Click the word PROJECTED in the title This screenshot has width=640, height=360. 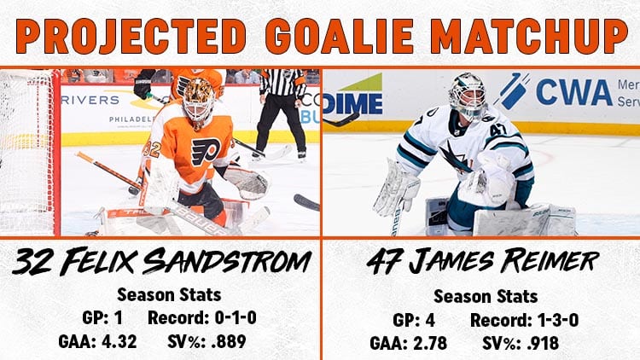pyautogui.click(x=131, y=36)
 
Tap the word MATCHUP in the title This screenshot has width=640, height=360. pyautogui.click(x=529, y=36)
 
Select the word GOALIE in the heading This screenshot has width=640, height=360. pyautogui.click(x=339, y=36)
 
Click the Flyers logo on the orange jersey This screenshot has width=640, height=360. pyautogui.click(x=207, y=152)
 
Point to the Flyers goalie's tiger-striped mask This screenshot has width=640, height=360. pyautogui.click(x=198, y=101)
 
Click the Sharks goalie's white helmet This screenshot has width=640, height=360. pyautogui.click(x=468, y=95)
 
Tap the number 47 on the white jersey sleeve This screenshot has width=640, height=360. pyautogui.click(x=498, y=130)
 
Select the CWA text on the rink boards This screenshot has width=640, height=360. pyautogui.click(x=574, y=92)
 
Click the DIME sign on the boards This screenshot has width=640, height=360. pyautogui.click(x=353, y=103)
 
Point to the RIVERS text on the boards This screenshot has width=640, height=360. pyautogui.click(x=90, y=100)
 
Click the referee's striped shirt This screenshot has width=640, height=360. pyautogui.click(x=282, y=82)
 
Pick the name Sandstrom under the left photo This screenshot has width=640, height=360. pyautogui.click(x=227, y=261)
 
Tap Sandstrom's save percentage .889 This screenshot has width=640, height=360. pyautogui.click(x=229, y=341)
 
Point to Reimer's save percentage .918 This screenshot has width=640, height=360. pyautogui.click(x=543, y=343)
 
